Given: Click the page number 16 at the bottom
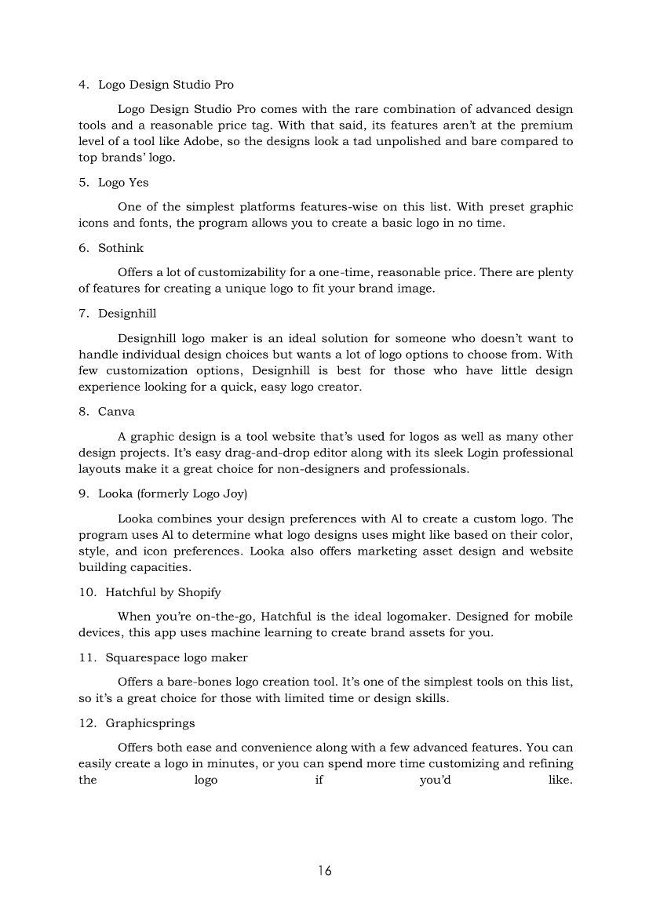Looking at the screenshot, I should click(325, 871).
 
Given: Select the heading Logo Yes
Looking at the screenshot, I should click(123, 182).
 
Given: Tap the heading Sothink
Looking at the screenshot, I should click(121, 248).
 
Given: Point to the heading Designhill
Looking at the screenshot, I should click(127, 314).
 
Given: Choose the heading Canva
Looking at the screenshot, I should click(116, 412).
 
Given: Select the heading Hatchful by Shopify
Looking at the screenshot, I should click(163, 591).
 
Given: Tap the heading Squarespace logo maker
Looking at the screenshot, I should click(177, 657).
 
